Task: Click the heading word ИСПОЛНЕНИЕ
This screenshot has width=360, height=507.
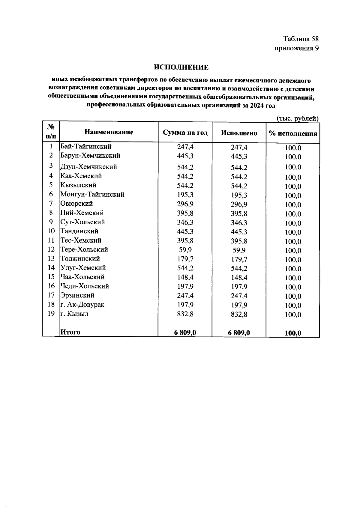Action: (181, 67)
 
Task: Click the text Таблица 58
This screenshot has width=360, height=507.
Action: (301, 39)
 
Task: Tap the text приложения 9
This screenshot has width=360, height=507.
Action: (296, 48)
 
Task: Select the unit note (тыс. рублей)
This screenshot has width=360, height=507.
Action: (297, 119)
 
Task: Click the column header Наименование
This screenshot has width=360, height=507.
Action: (109, 132)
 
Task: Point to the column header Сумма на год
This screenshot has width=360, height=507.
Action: (185, 133)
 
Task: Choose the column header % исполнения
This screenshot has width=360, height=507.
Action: (293, 134)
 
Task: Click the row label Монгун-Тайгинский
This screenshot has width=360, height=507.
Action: (92, 194)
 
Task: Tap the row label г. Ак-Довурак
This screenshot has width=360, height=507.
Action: (82, 304)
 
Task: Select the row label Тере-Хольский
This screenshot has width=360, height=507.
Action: (84, 249)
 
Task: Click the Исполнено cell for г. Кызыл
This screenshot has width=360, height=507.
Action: (239, 314)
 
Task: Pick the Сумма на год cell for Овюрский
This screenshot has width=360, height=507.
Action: (185, 204)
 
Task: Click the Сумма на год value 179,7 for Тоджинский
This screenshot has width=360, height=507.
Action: (185, 258)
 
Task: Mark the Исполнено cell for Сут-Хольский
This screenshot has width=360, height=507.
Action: (239, 223)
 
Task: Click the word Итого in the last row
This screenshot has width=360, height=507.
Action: (70, 332)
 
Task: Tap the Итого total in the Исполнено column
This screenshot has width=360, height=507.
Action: (239, 333)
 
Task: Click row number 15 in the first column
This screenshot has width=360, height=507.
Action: (51, 277)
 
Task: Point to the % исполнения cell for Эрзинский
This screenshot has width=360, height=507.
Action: (293, 296)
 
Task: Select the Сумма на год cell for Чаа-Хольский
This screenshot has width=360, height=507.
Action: (185, 277)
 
